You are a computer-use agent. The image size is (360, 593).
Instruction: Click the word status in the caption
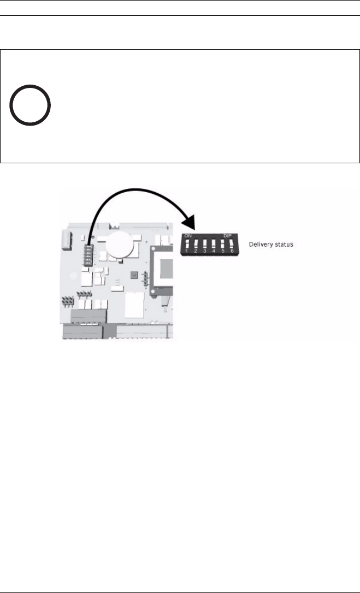tap(284, 245)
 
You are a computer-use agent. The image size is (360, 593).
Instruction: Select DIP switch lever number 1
tap(187, 245)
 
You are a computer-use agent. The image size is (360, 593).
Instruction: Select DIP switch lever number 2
tap(196, 245)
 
